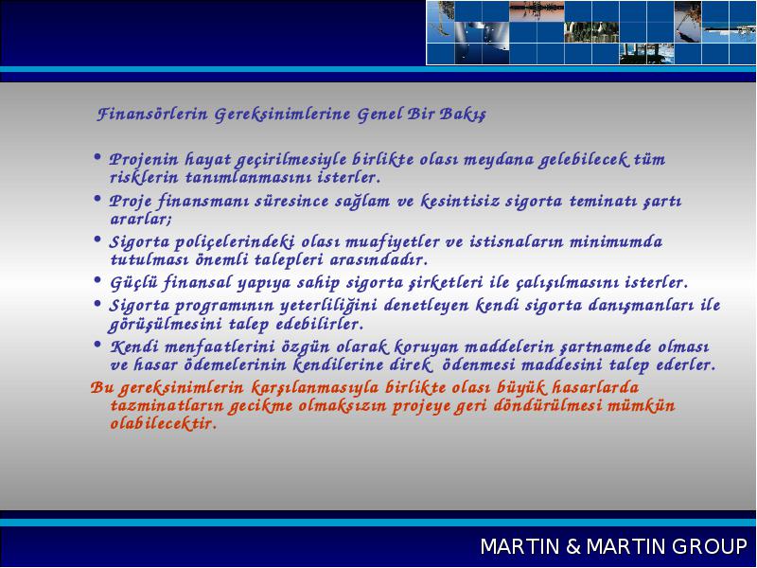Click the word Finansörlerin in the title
pyautogui.click(x=152, y=115)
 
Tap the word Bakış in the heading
pyautogui.click(x=463, y=115)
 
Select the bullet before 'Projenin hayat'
pyautogui.click(x=97, y=157)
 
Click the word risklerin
pyautogui.click(x=145, y=177)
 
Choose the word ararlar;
pyautogui.click(x=141, y=220)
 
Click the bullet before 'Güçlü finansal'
pyautogui.click(x=97, y=279)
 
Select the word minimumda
pyautogui.click(x=616, y=241)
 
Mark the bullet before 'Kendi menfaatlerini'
pyautogui.click(x=97, y=345)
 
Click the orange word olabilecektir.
pyautogui.click(x=163, y=423)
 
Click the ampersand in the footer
pyautogui.click(x=573, y=546)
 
